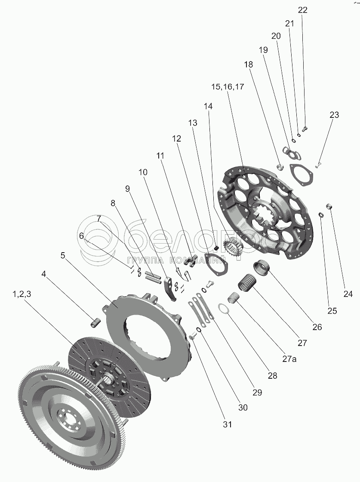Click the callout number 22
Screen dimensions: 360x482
point(303,10)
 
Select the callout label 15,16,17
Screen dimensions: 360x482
point(228,87)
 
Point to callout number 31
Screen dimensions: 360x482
point(228,424)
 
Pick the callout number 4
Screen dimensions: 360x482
point(44,273)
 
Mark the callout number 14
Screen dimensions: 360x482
point(208,106)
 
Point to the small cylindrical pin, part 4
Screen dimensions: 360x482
point(95,321)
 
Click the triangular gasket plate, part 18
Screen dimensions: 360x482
point(301,175)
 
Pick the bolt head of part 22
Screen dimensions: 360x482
point(305,127)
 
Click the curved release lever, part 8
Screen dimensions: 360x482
point(171,289)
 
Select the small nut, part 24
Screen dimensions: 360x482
point(330,207)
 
